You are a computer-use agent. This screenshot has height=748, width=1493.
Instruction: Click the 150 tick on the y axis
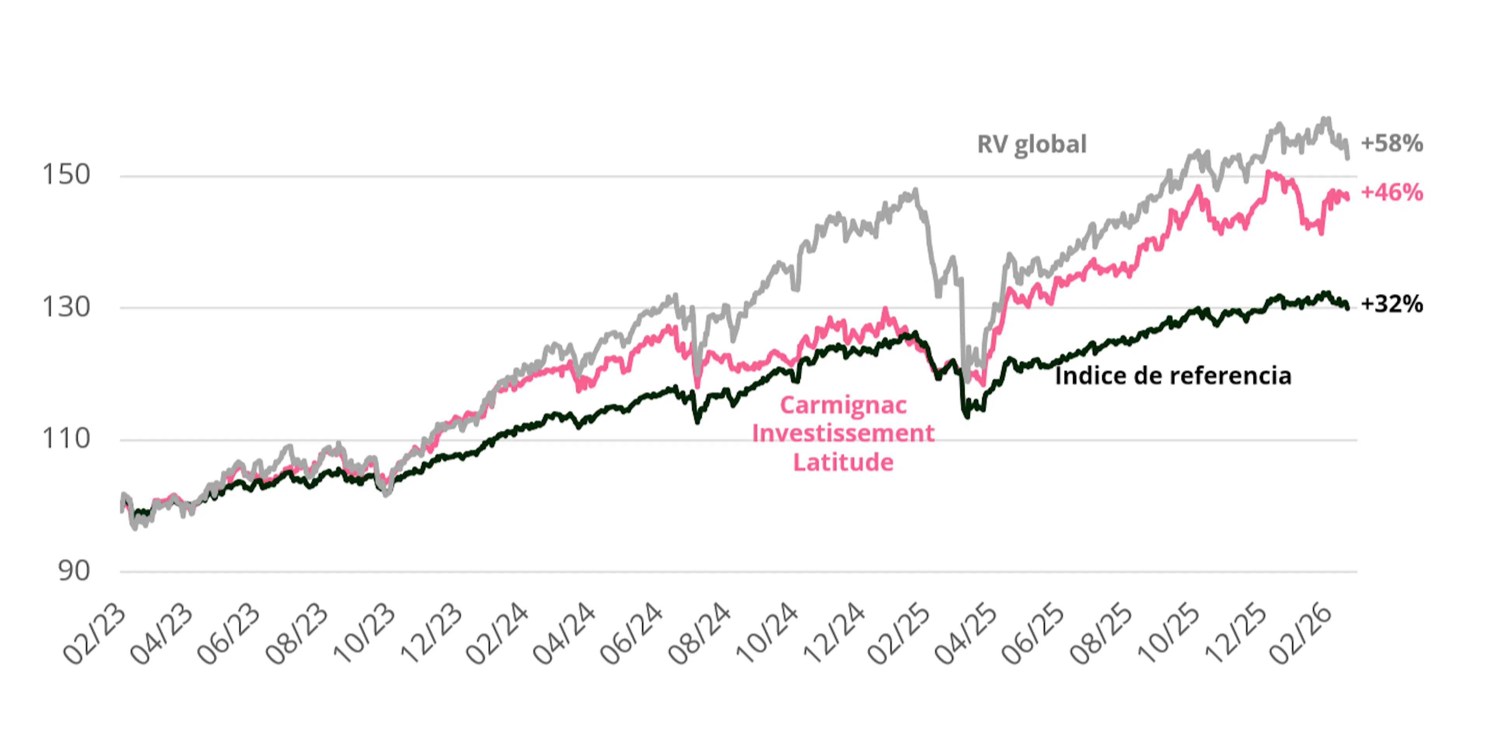pos(66,175)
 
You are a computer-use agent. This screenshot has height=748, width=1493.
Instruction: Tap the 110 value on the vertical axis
pos(66,438)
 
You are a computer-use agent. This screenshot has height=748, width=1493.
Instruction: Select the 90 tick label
pos(74,571)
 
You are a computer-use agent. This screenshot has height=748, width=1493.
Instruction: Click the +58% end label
pos(1392,143)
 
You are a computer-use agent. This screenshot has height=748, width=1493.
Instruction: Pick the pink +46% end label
pos(1392,192)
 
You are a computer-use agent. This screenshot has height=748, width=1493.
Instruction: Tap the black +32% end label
pos(1392,304)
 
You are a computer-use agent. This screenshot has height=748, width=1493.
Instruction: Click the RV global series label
pos(1031,144)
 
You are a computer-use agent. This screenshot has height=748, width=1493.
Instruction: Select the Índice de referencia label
pos(1173,376)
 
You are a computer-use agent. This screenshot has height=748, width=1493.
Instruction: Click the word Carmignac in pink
pos(843,405)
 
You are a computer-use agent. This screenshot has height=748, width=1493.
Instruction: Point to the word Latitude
pos(843,462)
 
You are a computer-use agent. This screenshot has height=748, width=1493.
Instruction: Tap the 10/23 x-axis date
pos(364,634)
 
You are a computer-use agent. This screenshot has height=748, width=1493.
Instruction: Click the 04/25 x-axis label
pos(967,634)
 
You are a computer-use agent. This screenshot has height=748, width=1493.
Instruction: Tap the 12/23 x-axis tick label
pos(431,634)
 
